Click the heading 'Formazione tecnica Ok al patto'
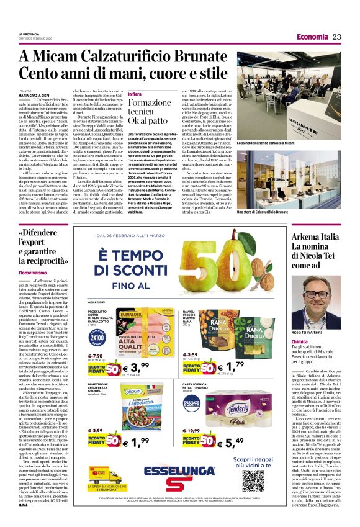(145, 110)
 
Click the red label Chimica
(300, 341)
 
